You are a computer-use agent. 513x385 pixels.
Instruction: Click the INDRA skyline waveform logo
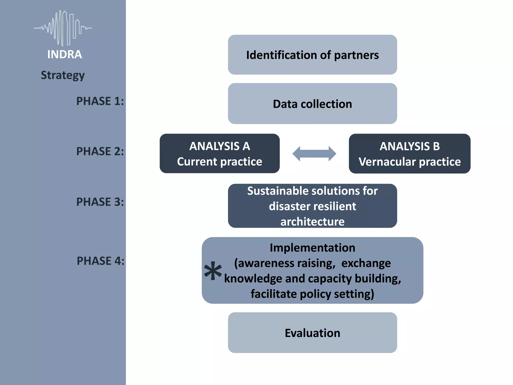pos(63,28)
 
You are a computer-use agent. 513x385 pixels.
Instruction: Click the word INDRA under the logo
pos(65,54)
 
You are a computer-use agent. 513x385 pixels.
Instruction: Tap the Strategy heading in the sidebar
pos(63,75)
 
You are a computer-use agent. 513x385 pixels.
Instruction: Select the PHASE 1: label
pos(100,101)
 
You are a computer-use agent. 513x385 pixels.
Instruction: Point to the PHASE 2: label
pos(100,151)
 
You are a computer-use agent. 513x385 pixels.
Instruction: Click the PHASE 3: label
pos(100,202)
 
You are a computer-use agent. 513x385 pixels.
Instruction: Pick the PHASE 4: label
pos(100,261)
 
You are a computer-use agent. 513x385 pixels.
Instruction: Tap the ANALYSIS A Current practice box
pos(219,153)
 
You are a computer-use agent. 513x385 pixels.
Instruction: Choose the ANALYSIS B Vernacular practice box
pos(410,153)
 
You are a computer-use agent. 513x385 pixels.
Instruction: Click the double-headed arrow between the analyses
pos(314,154)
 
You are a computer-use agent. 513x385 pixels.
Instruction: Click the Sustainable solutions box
pos(312,206)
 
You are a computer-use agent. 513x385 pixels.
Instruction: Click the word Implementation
pos(312,248)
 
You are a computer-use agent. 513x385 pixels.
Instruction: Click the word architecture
pos(312,222)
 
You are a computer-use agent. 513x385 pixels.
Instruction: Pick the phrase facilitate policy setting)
pos(312,294)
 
